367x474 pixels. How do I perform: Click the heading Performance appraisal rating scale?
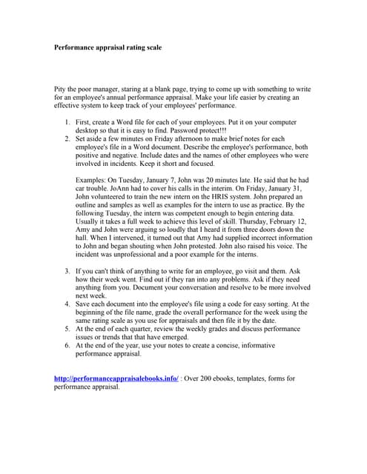point(108,47)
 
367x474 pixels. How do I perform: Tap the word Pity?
point(62,89)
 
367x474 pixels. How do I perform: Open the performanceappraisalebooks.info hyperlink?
point(116,378)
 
